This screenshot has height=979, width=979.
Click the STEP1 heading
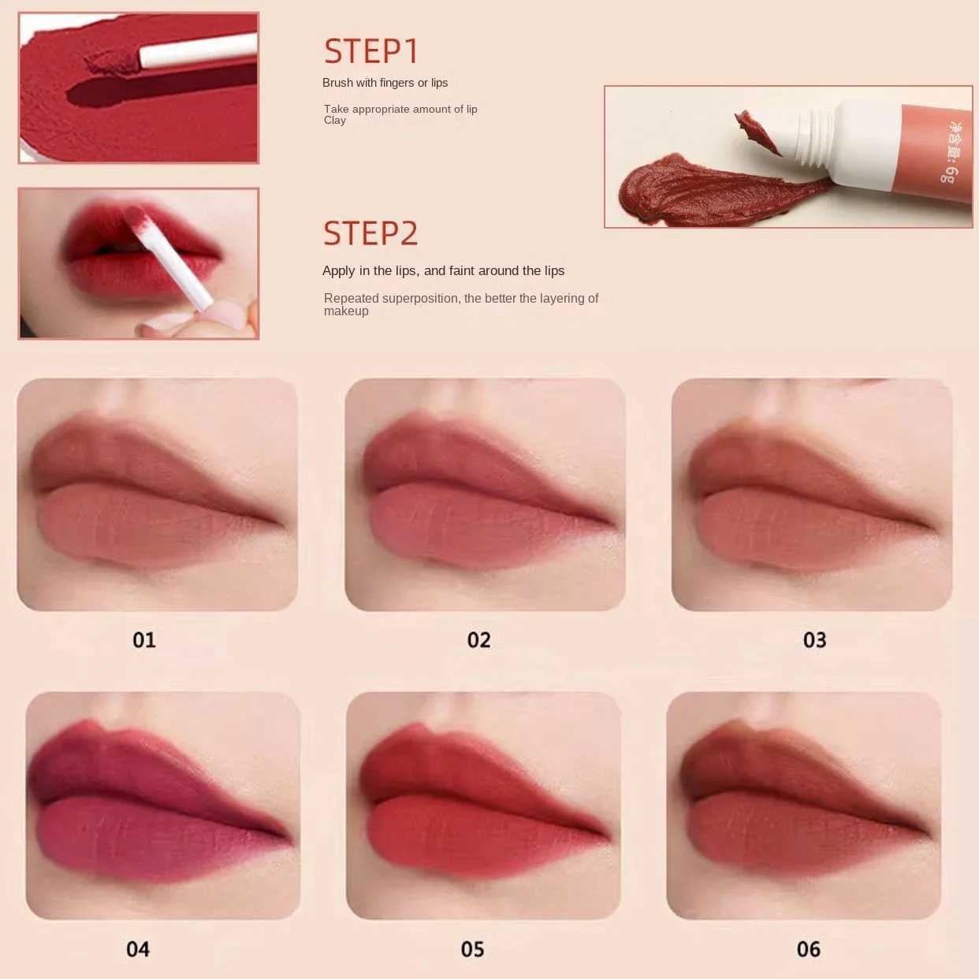coord(370,52)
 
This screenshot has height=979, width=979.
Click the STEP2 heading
coord(370,234)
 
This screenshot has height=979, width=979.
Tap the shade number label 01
coord(144,639)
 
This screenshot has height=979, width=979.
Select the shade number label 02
coord(478,639)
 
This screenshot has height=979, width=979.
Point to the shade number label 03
coord(814,639)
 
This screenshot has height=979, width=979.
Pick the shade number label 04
coord(138,949)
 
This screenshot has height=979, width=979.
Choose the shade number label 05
coord(472,949)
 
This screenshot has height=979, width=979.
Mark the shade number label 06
coord(808,949)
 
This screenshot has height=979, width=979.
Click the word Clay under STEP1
coord(334,121)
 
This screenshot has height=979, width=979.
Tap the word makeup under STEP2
coord(346,311)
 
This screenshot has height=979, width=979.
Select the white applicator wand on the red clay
coord(197,50)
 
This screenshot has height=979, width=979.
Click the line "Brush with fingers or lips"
coord(385,83)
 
